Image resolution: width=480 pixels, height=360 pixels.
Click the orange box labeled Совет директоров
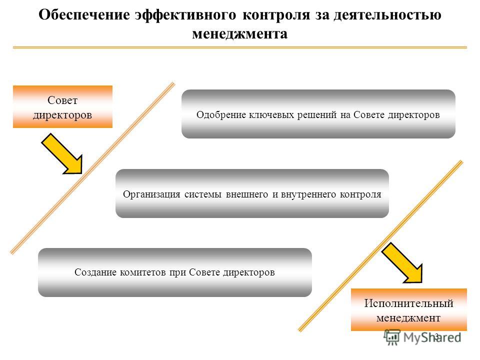62,107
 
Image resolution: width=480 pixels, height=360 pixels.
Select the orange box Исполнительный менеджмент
408,309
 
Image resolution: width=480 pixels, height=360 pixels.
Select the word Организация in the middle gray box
151,194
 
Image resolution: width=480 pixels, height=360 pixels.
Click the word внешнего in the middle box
246,194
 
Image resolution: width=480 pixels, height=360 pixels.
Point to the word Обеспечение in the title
84,14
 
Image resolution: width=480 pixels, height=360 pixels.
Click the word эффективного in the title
185,14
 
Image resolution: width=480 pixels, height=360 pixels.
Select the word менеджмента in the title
239,33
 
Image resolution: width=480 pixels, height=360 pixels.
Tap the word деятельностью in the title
387,14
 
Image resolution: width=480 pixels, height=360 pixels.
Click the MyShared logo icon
392,337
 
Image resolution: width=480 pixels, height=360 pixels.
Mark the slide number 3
437,336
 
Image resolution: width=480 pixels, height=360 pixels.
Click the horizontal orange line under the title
239,47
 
